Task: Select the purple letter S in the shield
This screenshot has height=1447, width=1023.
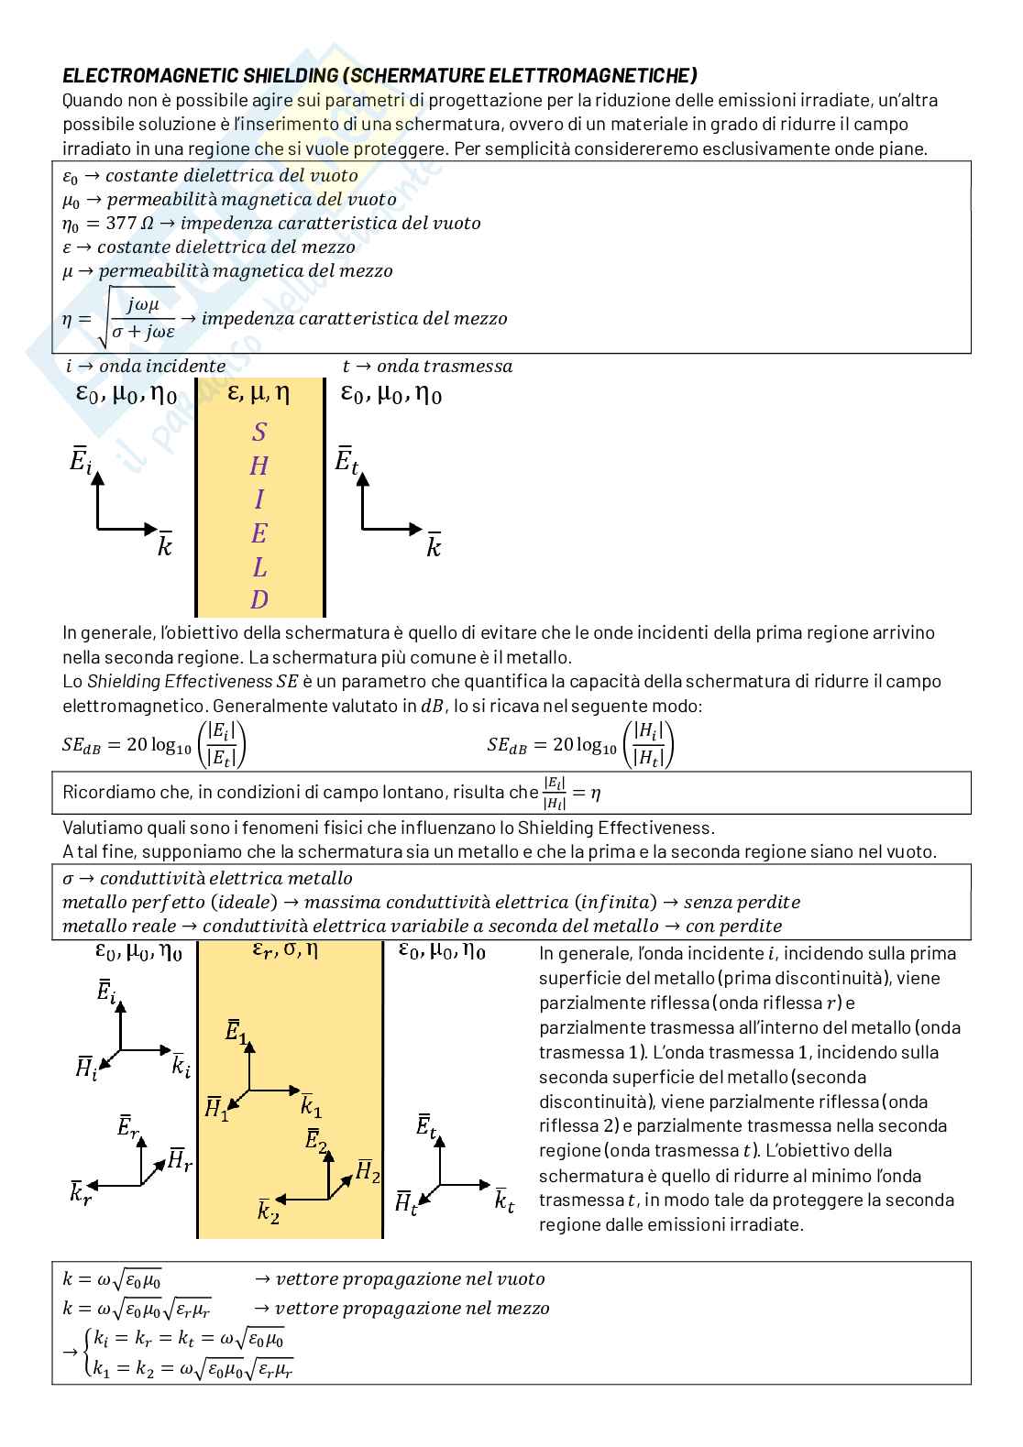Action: tap(259, 432)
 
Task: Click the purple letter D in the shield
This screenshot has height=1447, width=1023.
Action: tap(259, 600)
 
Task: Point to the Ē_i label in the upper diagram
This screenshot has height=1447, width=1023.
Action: tap(82, 460)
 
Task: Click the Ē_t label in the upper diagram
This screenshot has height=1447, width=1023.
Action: tap(346, 460)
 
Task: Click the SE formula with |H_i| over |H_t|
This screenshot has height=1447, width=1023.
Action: tap(581, 744)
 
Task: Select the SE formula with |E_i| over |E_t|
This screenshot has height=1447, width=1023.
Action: tap(155, 744)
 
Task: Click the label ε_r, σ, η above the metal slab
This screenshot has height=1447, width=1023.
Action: tap(285, 951)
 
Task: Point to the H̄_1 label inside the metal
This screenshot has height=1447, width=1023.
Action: tap(216, 1108)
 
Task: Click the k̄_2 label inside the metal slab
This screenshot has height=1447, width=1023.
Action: tap(268, 1211)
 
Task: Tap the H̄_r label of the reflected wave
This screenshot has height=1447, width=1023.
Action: tap(179, 1161)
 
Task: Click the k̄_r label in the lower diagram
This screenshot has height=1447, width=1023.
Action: tap(81, 1193)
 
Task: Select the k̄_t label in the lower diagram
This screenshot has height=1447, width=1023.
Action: tap(504, 1200)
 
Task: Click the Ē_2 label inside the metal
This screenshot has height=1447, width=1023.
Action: tap(316, 1142)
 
